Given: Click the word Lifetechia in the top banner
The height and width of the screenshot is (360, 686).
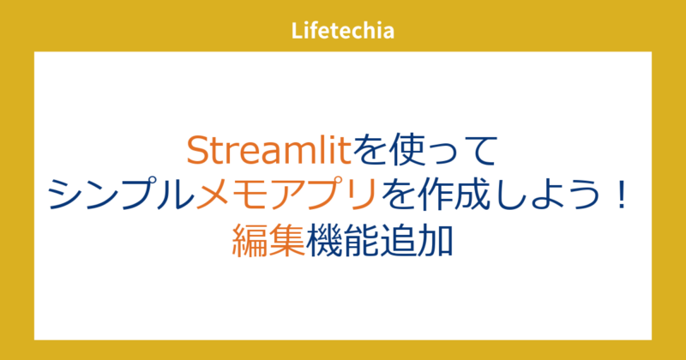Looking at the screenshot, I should tap(342, 32).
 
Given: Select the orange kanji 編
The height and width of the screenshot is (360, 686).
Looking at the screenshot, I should tap(250, 239).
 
